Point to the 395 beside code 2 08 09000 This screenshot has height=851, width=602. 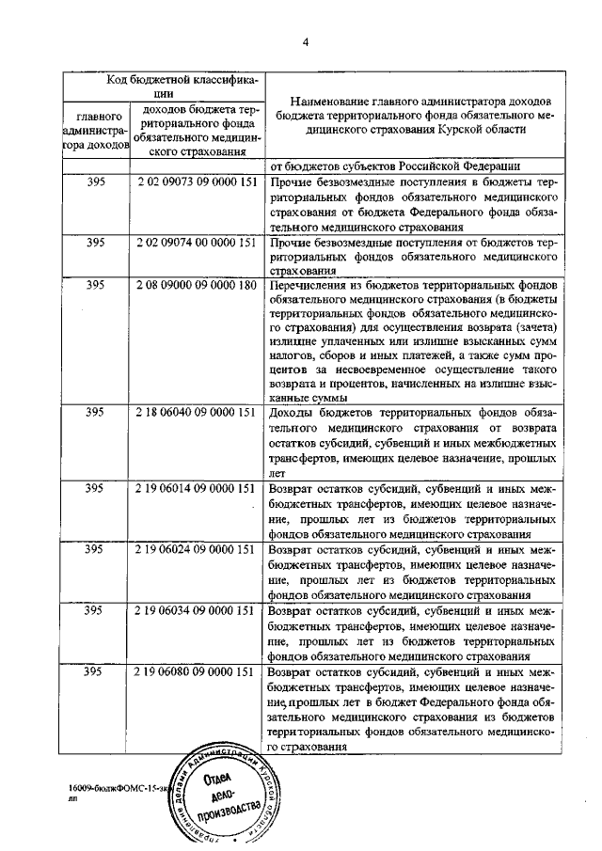[x=94, y=285]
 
